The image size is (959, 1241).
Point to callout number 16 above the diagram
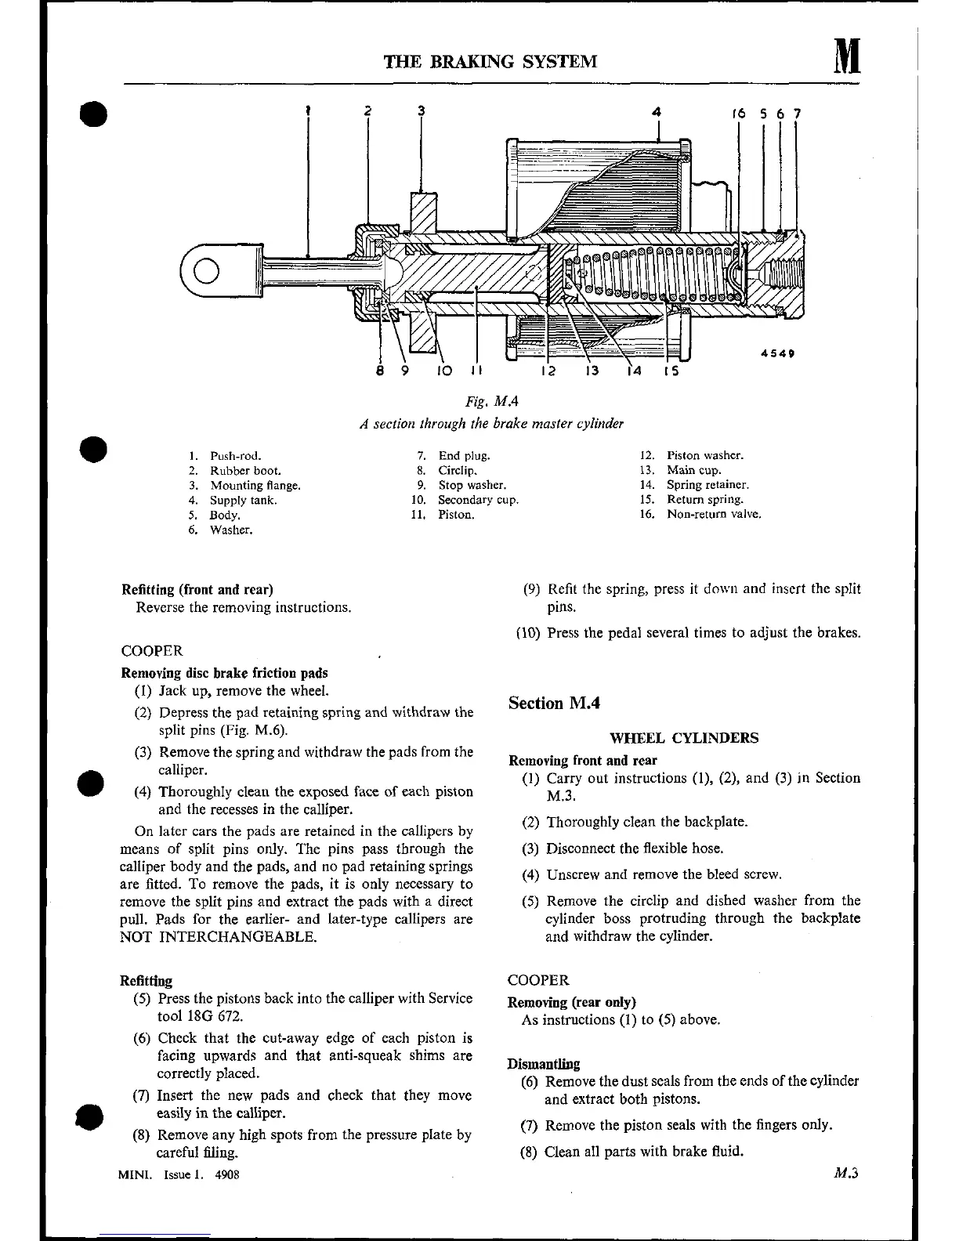(x=739, y=114)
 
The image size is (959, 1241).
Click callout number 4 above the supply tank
(x=657, y=112)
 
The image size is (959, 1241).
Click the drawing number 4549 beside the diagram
(x=778, y=353)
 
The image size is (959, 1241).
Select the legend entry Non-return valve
(x=713, y=514)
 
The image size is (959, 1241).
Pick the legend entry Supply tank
(x=243, y=500)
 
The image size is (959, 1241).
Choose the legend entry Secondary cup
(x=478, y=500)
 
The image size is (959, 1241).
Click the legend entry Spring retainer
(x=707, y=485)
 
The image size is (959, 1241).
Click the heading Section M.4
(x=554, y=703)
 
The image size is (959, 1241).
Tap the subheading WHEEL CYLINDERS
(x=684, y=737)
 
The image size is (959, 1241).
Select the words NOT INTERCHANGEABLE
(x=219, y=937)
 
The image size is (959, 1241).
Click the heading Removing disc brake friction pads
(x=224, y=673)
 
